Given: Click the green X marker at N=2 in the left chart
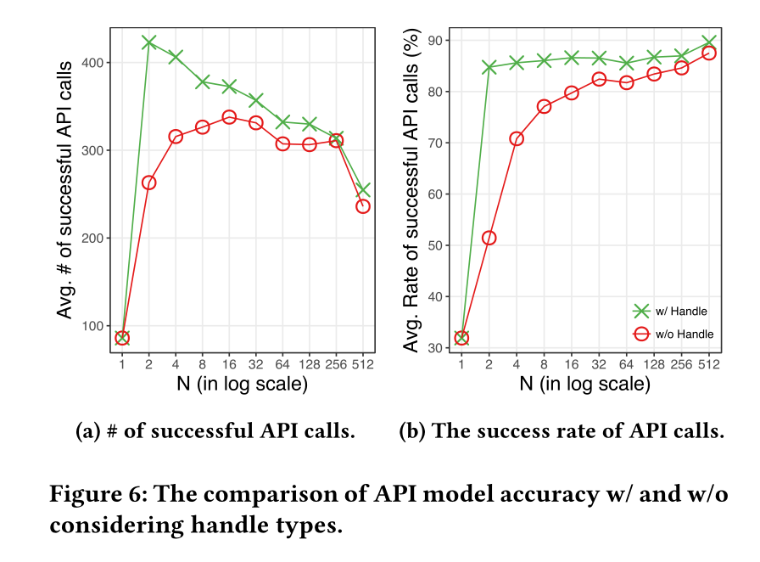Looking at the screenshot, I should click(149, 42).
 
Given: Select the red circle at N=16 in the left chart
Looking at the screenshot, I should click(229, 117).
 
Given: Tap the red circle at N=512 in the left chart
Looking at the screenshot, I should click(363, 205).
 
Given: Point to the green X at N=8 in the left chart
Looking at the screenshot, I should click(203, 82).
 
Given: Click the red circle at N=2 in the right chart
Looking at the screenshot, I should click(489, 238).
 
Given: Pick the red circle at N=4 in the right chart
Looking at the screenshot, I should click(516, 138).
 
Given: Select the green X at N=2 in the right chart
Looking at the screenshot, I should click(489, 67).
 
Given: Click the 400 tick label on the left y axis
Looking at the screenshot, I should click(94, 62).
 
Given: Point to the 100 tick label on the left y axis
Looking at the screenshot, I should click(94, 326).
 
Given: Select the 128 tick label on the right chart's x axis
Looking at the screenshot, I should click(654, 365).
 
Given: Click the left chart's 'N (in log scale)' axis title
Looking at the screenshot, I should click(242, 385).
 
